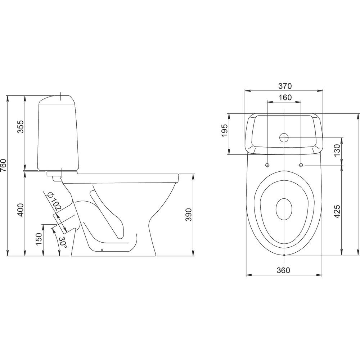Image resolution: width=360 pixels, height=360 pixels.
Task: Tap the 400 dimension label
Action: (x=21, y=210)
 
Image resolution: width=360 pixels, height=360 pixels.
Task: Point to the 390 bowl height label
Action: (x=189, y=215)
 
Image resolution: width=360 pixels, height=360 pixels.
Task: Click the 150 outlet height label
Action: (x=39, y=239)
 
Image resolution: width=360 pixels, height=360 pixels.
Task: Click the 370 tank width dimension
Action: (x=285, y=86)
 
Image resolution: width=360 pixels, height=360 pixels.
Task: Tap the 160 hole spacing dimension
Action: (x=285, y=98)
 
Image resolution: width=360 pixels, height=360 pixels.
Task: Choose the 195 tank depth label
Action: (x=225, y=130)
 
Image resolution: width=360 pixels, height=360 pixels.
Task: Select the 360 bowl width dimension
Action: (x=283, y=270)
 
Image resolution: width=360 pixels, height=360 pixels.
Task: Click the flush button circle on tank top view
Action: (x=284, y=138)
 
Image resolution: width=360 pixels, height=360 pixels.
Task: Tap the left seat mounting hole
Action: (x=267, y=165)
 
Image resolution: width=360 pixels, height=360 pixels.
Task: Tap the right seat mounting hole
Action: (x=301, y=165)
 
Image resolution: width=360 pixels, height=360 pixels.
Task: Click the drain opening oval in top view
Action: (x=284, y=209)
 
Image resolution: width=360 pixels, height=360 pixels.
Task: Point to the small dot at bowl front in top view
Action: (x=284, y=255)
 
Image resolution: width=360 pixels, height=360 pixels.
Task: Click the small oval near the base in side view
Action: (x=102, y=250)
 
